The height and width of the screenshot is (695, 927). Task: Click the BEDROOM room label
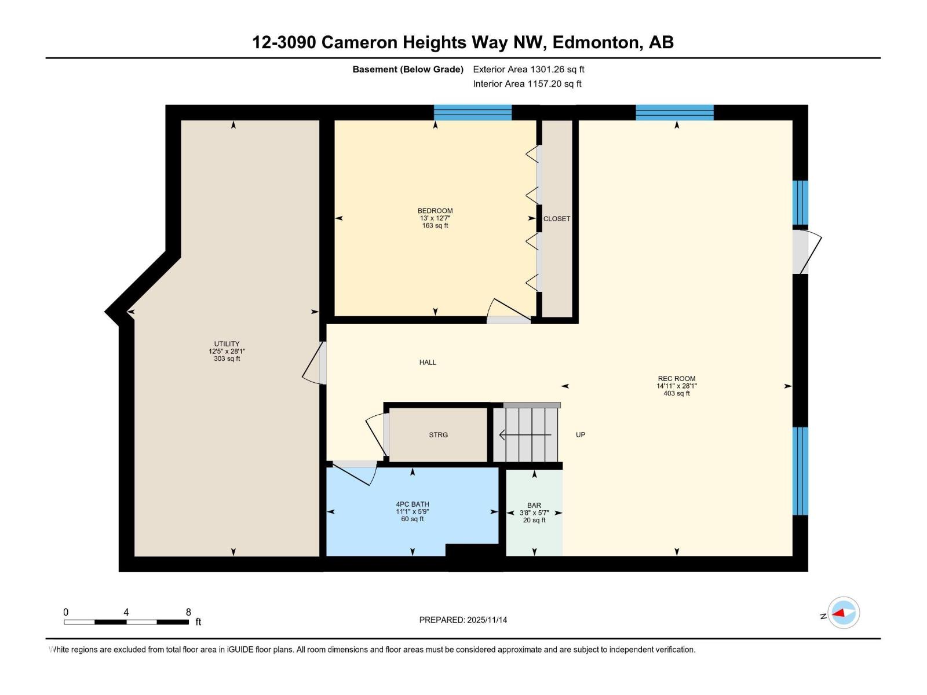point(435,211)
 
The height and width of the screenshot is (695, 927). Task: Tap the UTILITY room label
point(227,344)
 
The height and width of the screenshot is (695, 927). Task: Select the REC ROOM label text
point(676,379)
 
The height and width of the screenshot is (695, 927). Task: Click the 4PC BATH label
point(413,504)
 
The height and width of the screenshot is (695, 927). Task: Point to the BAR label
point(534,506)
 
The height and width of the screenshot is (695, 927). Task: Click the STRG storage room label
point(438,435)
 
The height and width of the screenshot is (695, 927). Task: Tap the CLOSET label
point(557,219)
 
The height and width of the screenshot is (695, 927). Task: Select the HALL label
point(428,363)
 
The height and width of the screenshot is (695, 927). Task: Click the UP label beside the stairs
point(581,435)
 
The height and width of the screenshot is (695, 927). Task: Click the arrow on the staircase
point(524,434)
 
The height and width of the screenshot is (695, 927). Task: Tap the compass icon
point(843,613)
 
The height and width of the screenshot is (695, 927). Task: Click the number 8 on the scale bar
point(188,612)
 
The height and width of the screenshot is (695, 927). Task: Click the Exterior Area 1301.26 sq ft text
point(528,69)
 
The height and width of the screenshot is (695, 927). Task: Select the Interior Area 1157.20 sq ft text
point(527,84)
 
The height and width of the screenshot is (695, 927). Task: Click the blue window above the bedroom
point(473,112)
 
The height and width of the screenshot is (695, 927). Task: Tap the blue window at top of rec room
point(674,112)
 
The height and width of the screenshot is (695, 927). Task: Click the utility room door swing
point(313,364)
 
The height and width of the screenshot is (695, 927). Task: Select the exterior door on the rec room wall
point(806,252)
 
